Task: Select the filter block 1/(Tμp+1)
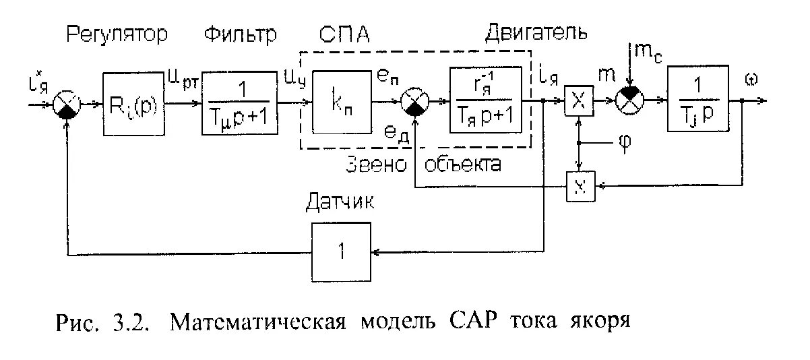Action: pyautogui.click(x=240, y=104)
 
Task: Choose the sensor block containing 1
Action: pyautogui.click(x=342, y=252)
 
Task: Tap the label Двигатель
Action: pyautogui.click(x=536, y=32)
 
